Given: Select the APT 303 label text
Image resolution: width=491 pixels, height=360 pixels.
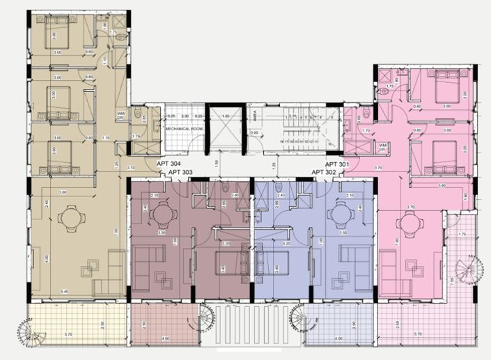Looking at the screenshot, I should point(180,171).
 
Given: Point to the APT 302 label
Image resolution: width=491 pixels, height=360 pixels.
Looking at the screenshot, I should point(324,171).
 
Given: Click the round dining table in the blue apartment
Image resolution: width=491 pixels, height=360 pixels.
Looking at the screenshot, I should point(342,212).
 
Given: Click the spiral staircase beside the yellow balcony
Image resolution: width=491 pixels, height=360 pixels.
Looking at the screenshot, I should point(32,332).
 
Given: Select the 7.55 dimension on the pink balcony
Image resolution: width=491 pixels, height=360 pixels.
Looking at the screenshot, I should point(451,281).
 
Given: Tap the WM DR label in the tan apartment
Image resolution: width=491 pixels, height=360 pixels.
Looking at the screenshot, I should point(120,116).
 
